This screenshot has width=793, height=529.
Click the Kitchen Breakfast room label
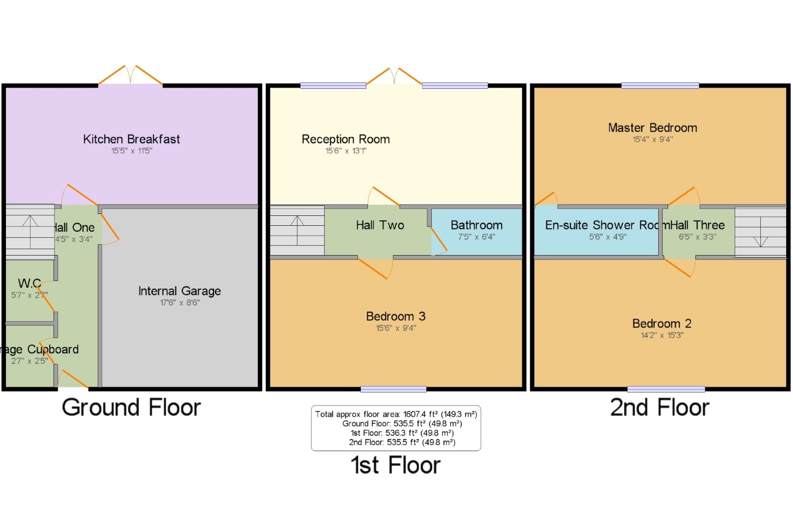click(x=131, y=139)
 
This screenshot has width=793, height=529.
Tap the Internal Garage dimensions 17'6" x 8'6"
click(x=179, y=303)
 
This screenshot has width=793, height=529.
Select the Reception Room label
click(x=345, y=139)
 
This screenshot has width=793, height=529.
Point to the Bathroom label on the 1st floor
click(x=476, y=225)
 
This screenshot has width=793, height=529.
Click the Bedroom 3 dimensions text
click(x=396, y=328)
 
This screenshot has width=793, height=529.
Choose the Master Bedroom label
click(x=652, y=128)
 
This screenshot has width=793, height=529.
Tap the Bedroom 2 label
click(x=662, y=324)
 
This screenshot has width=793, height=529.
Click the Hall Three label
click(x=698, y=225)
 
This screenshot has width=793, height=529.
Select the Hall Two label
click(x=380, y=225)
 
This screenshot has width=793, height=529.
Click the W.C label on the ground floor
click(x=29, y=283)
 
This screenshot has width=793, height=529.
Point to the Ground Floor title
click(x=131, y=408)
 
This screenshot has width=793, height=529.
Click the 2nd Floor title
click(x=659, y=408)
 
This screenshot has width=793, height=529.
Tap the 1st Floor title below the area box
click(x=396, y=465)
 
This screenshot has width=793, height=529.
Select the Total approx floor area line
click(x=396, y=414)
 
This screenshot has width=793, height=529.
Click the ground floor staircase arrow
click(x=30, y=231)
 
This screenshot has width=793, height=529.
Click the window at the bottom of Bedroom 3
click(x=393, y=390)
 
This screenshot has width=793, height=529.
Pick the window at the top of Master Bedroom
click(x=660, y=86)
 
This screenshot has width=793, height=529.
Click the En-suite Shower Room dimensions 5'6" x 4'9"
click(x=608, y=237)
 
